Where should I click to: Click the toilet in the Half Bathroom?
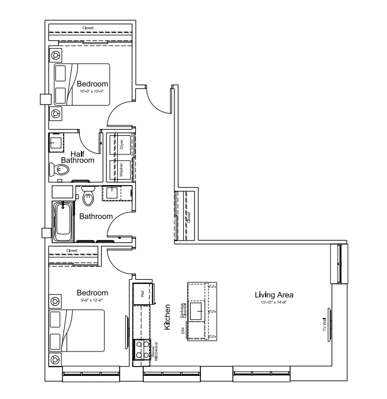[x=61, y=169]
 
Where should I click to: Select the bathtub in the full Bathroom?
[x=64, y=221]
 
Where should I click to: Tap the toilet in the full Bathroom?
[x=88, y=197]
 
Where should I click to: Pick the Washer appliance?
[x=121, y=169]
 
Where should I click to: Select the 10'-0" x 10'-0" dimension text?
[x=93, y=91]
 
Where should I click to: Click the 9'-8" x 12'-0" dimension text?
[x=93, y=300]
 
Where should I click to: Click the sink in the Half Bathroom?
[x=57, y=141]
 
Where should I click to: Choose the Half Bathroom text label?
[x=77, y=157]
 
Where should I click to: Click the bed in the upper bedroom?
[x=81, y=84]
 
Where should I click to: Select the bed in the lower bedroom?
[x=76, y=331]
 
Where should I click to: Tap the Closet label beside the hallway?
[x=188, y=216]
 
